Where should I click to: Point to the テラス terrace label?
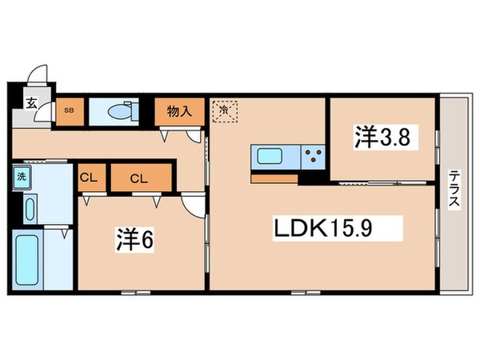[454, 189]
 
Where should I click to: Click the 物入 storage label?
[178, 111]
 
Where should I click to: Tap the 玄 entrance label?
[30, 102]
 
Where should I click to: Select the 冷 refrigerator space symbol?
[226, 112]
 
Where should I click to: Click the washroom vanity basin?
[30, 208]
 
